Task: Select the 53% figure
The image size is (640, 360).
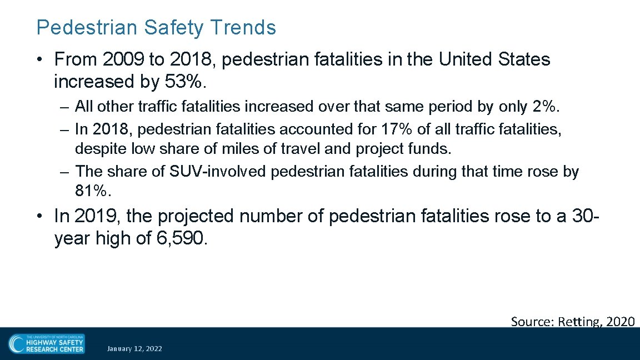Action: (x=186, y=82)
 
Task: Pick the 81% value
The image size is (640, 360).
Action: (x=93, y=192)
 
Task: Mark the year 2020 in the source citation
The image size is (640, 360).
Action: (x=621, y=321)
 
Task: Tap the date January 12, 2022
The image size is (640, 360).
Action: (x=134, y=349)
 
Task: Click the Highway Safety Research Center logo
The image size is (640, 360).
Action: (x=46, y=344)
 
